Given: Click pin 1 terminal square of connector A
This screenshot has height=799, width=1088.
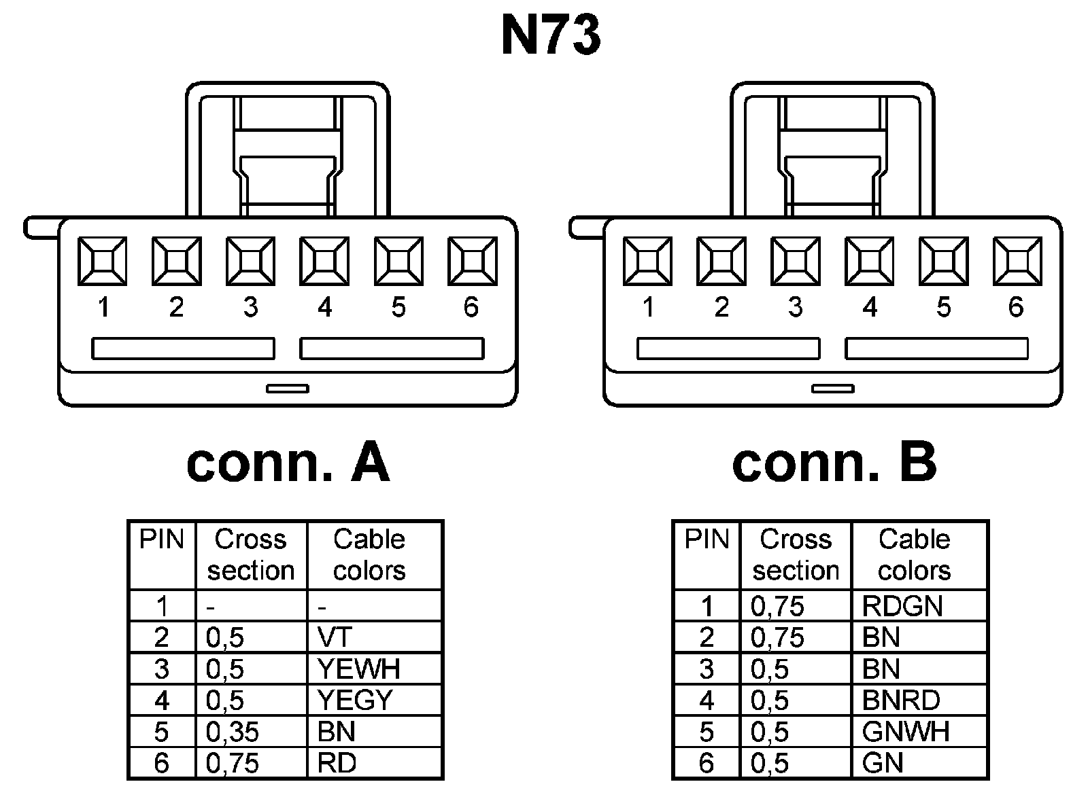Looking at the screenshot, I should [102, 261].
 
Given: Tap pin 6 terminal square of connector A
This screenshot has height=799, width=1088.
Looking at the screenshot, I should [473, 261].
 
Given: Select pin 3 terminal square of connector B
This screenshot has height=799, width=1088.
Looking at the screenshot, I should [795, 261].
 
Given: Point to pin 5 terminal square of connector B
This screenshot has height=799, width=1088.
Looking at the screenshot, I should [943, 261].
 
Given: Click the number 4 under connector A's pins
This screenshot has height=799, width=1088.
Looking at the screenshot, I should [324, 308].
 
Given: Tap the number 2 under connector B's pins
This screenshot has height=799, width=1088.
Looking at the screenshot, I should [721, 308].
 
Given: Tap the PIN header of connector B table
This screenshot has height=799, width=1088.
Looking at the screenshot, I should [707, 540].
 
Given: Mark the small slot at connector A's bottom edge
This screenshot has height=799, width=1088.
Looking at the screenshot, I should [288, 389].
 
